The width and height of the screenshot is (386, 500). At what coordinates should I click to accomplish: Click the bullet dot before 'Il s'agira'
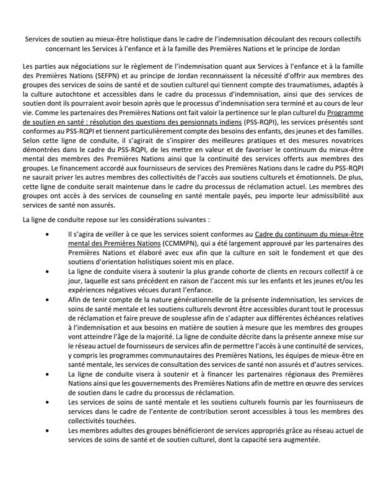[49, 252]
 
